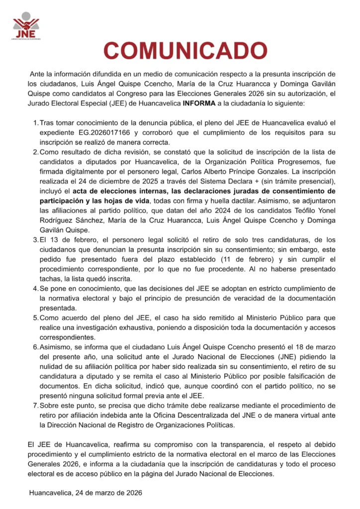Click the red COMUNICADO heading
click(185, 51)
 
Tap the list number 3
click(36, 239)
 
